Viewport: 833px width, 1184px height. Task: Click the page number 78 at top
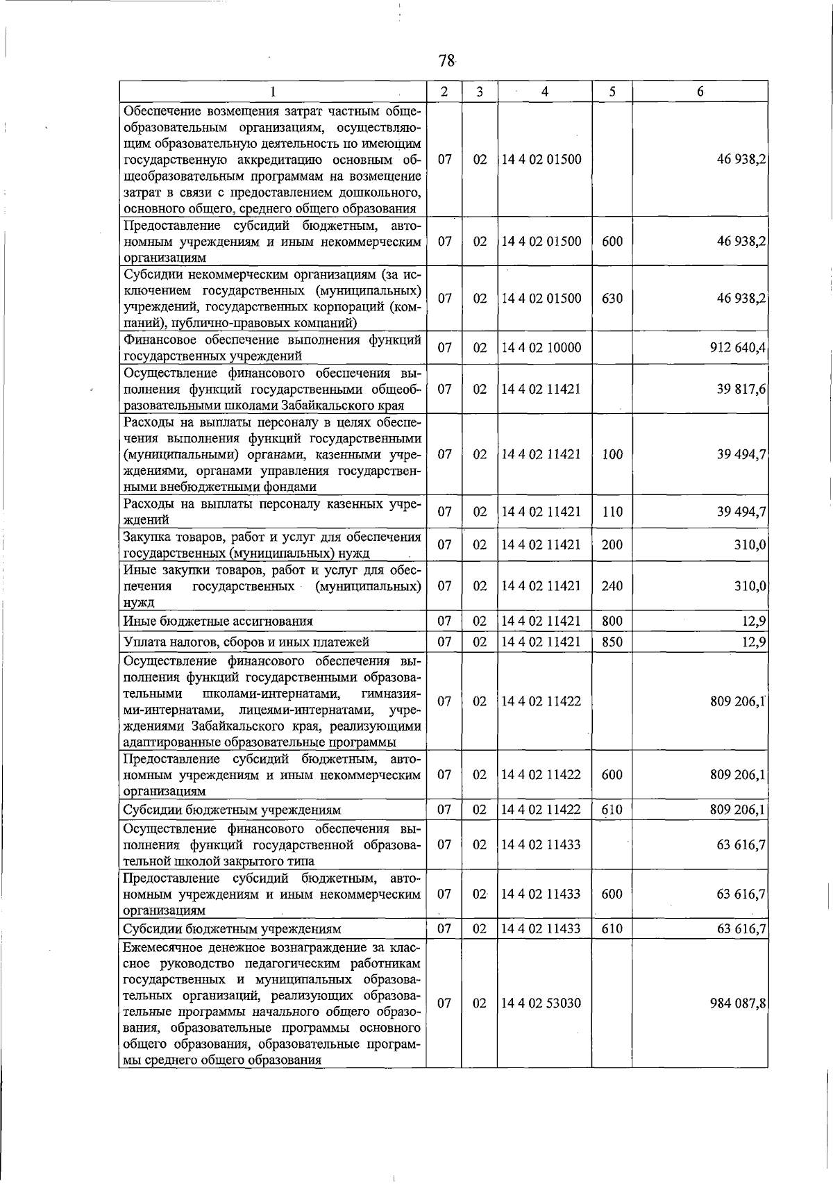(x=446, y=61)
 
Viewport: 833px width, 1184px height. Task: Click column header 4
(x=545, y=92)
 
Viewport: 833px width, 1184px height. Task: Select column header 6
(x=700, y=92)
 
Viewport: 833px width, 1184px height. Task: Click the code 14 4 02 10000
(x=541, y=348)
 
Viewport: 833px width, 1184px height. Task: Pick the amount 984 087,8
(x=738, y=1003)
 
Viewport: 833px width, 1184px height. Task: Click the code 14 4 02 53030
(x=541, y=1003)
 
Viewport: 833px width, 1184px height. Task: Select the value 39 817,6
(x=741, y=389)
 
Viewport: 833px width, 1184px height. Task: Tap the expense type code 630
(x=612, y=299)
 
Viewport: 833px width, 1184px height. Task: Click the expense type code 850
(x=612, y=642)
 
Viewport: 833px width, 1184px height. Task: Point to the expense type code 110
(x=612, y=512)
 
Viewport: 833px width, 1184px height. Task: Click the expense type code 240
(x=612, y=585)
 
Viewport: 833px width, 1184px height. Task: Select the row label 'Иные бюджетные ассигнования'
(x=218, y=621)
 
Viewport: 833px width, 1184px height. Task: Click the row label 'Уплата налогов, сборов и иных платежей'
(x=246, y=642)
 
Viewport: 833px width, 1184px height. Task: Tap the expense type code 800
(x=612, y=621)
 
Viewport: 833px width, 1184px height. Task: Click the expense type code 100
(x=612, y=454)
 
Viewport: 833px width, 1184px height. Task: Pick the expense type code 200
(x=612, y=544)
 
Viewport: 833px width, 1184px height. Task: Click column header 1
(x=273, y=92)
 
